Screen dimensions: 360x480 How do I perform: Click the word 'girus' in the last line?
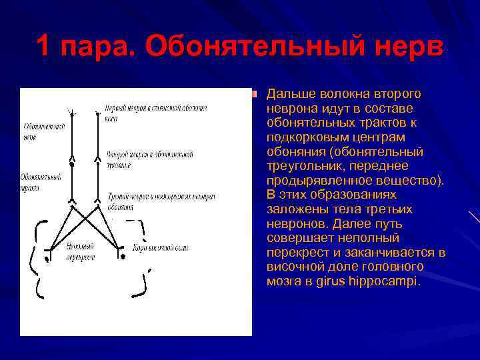(341, 281)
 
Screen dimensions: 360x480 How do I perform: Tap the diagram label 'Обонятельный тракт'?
(41, 182)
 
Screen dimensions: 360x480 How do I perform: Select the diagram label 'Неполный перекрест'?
(80, 251)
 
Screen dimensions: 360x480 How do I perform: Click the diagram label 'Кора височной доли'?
(160, 248)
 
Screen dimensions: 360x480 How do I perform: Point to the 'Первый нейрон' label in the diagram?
(156, 111)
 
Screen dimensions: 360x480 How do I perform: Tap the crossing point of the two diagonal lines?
(85, 222)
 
